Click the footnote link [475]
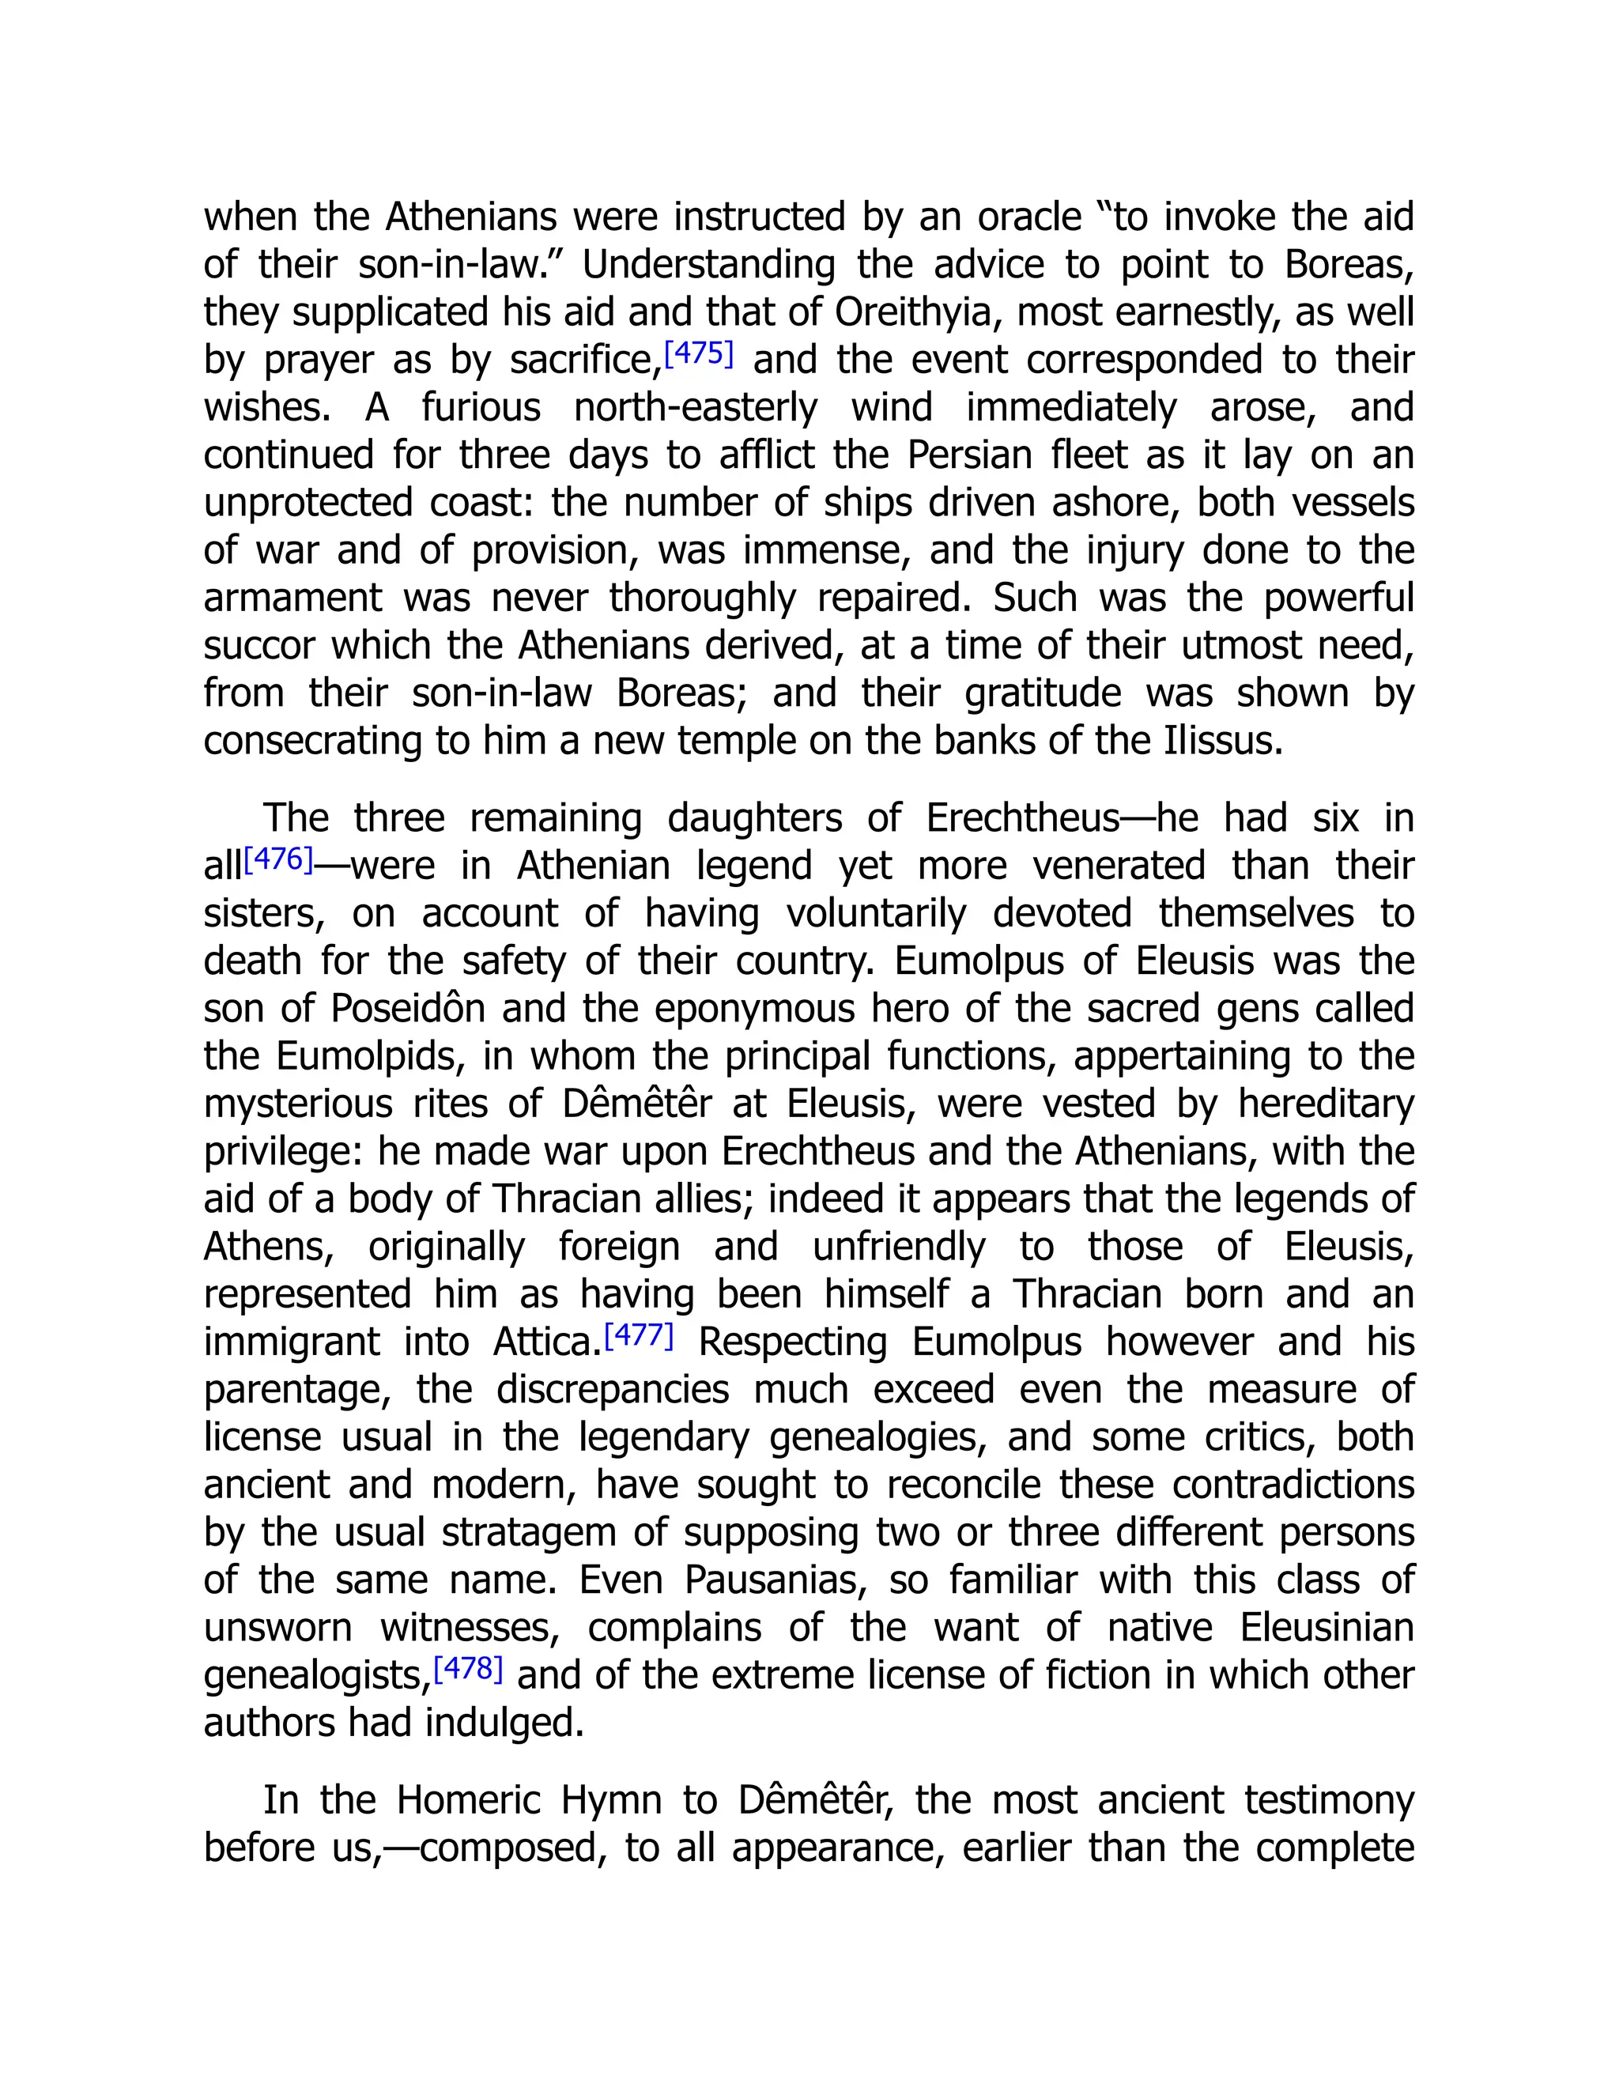point(698,354)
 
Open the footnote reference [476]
point(278,859)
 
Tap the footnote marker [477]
point(639,1335)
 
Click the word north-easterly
point(696,408)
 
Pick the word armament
point(292,598)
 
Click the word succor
point(259,646)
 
